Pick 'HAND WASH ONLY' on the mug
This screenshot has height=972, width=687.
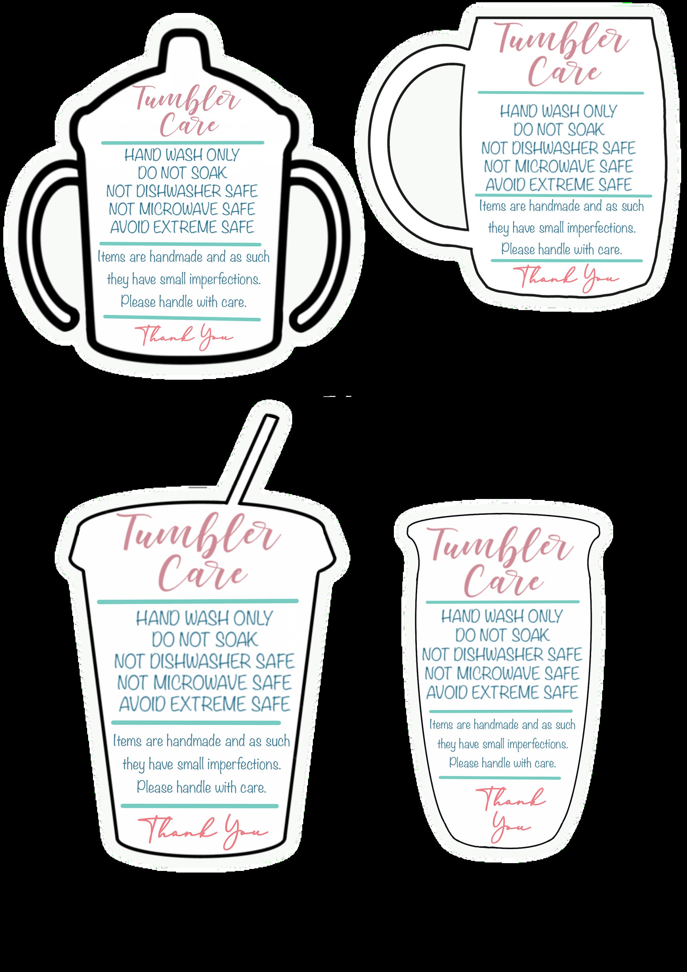[558, 112]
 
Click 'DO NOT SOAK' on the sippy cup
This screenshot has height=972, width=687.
[182, 173]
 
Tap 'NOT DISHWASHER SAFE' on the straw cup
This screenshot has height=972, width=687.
[204, 661]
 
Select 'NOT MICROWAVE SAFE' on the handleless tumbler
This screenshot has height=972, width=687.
[502, 673]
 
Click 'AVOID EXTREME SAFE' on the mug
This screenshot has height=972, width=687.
[558, 185]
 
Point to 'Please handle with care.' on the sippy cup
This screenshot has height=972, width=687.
[183, 302]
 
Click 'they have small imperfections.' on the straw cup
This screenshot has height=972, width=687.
[201, 765]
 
